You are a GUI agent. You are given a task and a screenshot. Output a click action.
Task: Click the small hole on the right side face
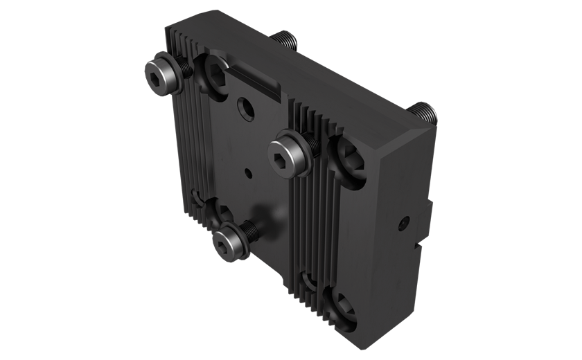click(x=404, y=223)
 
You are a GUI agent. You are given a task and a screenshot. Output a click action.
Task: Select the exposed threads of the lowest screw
click(x=252, y=231)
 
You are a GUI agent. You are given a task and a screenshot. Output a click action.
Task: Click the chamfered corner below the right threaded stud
click(x=416, y=138)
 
